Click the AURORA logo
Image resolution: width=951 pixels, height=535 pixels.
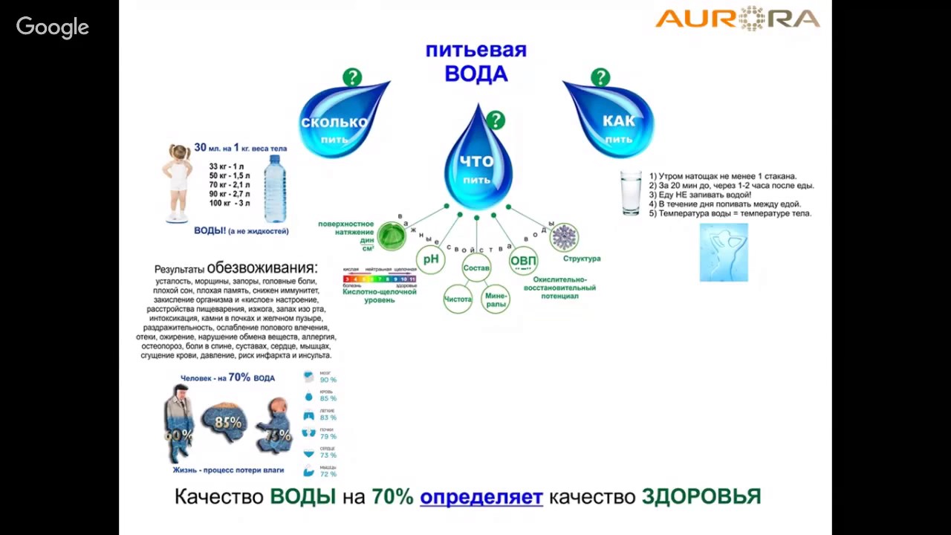737,18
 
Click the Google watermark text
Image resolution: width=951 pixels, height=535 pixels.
53,27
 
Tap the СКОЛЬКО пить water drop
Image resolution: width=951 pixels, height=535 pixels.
339,123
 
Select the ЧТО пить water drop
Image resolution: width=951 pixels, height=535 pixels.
478,163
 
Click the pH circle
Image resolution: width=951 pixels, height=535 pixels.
431,259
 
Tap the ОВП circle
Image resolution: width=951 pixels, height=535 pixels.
523,261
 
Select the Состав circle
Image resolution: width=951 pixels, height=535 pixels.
476,267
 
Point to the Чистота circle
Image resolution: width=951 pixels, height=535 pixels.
458,299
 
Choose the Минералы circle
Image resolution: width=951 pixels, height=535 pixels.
496,299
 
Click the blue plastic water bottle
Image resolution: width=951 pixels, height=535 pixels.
275,189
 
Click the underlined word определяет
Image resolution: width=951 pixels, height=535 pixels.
481,496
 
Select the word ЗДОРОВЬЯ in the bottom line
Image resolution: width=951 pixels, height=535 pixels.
701,496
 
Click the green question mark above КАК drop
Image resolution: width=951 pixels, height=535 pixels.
600,77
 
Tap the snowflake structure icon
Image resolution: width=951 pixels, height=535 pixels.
564,237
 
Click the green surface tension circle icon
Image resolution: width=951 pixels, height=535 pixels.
391,236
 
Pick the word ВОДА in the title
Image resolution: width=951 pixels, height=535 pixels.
476,74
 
